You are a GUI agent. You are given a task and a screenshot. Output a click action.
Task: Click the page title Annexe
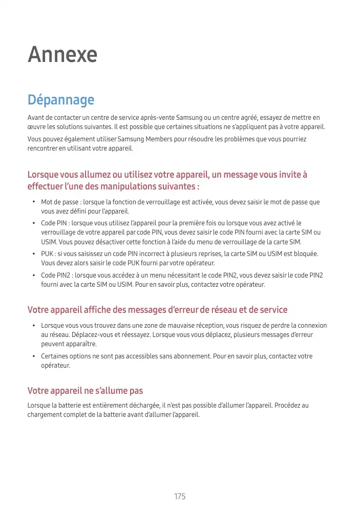[62, 55]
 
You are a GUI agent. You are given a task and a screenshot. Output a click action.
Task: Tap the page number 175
[180, 497]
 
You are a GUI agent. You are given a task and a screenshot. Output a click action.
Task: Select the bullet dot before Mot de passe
[33, 202]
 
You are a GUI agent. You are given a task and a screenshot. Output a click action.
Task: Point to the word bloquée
[304, 254]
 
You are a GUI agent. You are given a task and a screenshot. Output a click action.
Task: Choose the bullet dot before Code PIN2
[33, 275]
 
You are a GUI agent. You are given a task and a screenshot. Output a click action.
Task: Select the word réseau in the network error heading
[223, 310]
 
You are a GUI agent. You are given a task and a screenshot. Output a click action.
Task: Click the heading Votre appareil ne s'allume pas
[85, 391]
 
